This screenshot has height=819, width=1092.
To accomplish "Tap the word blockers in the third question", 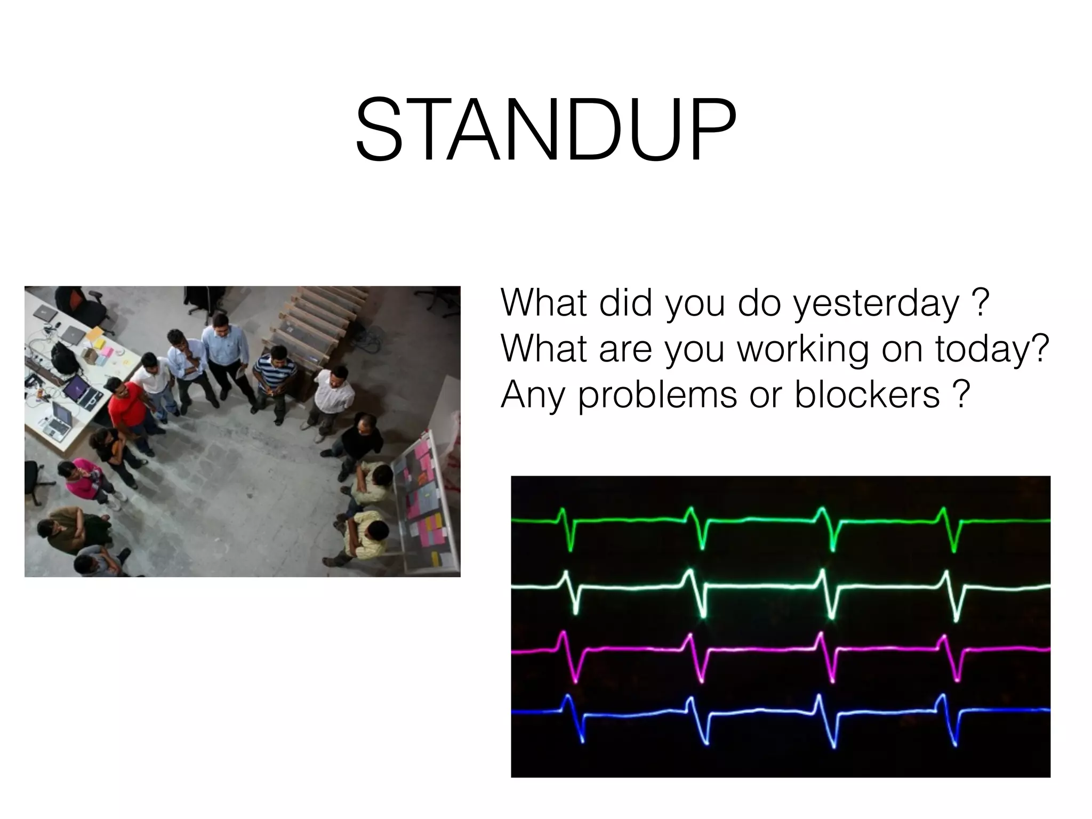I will click(867, 395).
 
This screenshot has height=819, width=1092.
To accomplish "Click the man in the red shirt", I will click(129, 405).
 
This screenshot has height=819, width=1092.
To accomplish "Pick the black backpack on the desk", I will click(63, 355).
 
